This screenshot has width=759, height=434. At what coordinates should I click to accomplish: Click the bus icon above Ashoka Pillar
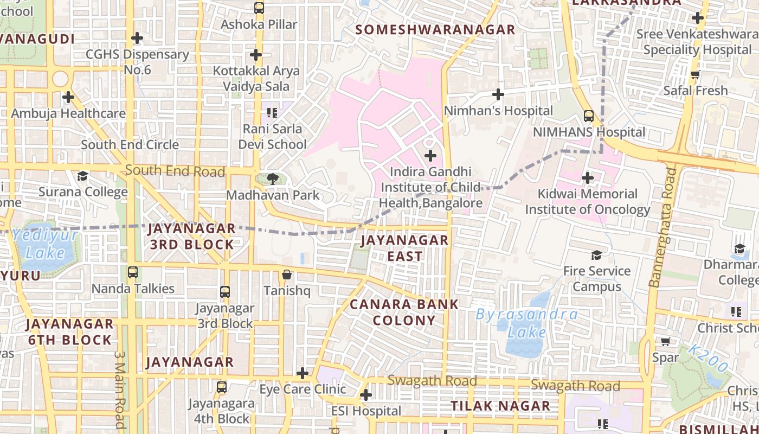[x=259, y=8]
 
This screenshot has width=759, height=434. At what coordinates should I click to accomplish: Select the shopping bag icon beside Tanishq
[x=287, y=275]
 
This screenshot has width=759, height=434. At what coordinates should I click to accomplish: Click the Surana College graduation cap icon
[x=82, y=176]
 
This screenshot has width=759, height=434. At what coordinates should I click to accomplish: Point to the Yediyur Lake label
[x=46, y=244]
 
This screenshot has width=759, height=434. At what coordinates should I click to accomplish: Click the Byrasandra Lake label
[x=526, y=323]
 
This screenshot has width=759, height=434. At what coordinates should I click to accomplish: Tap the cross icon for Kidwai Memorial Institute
[x=588, y=178]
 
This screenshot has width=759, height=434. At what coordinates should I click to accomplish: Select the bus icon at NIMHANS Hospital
[x=589, y=116]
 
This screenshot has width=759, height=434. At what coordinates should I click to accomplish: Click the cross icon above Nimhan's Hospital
[x=498, y=95]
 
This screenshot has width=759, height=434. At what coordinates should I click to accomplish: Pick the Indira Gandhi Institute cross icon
[x=430, y=156]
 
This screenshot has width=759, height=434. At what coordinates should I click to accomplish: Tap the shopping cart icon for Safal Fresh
[x=696, y=74]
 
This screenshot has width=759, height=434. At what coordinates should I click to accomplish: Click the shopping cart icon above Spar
[x=666, y=342]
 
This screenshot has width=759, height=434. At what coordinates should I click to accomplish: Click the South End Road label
[x=175, y=171]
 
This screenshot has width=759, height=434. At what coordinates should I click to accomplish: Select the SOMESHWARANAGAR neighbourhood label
[x=435, y=30]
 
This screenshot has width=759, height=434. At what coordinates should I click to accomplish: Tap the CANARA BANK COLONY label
[x=404, y=312]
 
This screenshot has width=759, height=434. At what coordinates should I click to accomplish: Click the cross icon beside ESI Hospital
[x=366, y=395]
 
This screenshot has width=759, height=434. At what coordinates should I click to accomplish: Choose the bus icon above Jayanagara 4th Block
[x=222, y=387]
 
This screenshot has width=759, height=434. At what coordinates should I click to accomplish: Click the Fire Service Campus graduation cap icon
[x=596, y=255]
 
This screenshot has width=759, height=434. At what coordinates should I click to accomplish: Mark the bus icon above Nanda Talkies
[x=133, y=272]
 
